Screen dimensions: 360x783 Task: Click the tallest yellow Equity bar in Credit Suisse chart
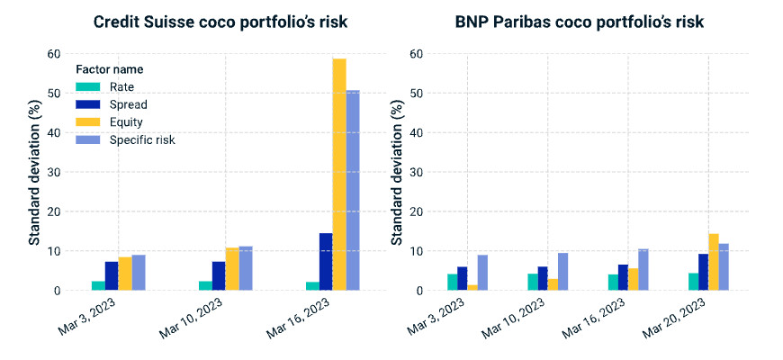[x=339, y=175]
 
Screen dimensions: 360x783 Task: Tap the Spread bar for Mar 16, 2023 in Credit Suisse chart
[x=326, y=262]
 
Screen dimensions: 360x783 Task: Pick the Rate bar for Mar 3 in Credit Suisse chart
[x=98, y=285]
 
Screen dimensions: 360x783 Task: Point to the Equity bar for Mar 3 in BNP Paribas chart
[x=472, y=287]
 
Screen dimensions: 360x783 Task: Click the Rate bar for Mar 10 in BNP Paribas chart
[x=533, y=282]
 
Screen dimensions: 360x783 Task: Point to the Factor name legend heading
[x=109, y=69]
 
